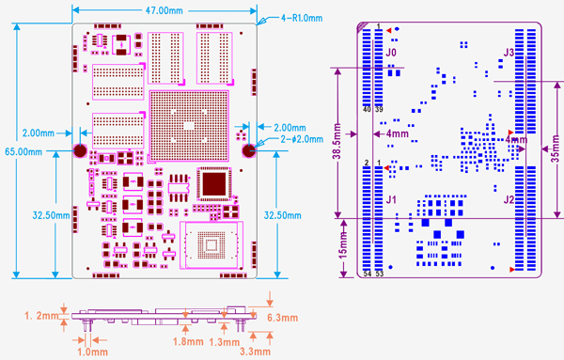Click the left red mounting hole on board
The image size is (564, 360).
pyautogui.click(x=82, y=150)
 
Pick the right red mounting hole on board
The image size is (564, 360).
pyautogui.click(x=249, y=150)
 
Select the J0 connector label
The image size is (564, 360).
pyautogui.click(x=392, y=55)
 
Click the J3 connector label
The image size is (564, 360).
pyautogui.click(x=509, y=53)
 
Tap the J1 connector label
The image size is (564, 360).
pyautogui.click(x=392, y=199)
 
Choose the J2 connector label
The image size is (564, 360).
pyautogui.click(x=509, y=199)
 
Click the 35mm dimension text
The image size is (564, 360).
pyautogui.click(x=555, y=149)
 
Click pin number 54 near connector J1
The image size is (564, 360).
pyautogui.click(x=368, y=274)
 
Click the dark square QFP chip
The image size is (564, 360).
pyautogui.click(x=214, y=182)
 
